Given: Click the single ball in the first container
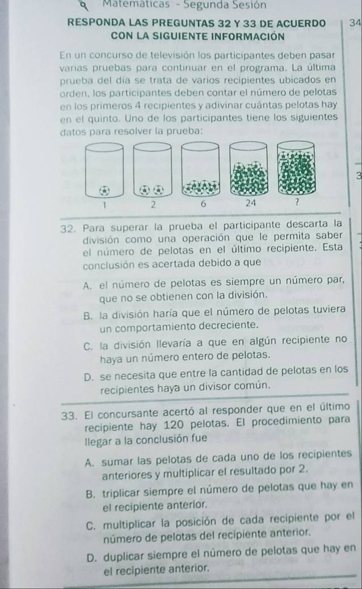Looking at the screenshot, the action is (104, 190).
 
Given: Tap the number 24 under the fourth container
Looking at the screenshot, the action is (250, 203).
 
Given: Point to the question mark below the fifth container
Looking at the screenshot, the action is (297, 203).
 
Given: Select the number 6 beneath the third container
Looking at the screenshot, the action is (203, 204).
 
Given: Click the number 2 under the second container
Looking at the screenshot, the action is (153, 204).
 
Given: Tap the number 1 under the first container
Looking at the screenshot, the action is (104, 205).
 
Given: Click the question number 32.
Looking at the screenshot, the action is (68, 228).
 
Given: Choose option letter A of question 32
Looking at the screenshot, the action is (89, 286).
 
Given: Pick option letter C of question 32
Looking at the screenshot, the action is (89, 346).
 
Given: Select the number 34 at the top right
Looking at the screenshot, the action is (355, 23).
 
